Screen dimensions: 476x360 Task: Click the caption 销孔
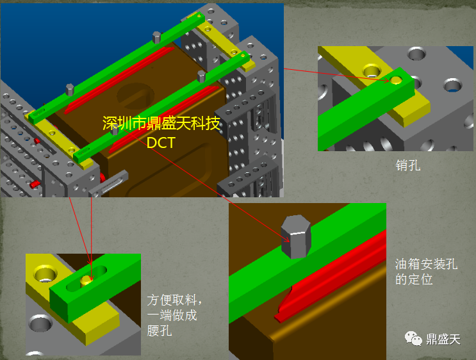point(408,166)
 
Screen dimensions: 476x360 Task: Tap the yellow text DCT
point(161,143)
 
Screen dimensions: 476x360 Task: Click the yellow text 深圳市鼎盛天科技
point(161,123)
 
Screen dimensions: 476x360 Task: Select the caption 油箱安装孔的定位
point(426,272)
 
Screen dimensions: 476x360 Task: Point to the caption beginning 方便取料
point(174,315)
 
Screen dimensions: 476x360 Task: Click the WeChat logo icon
point(413,338)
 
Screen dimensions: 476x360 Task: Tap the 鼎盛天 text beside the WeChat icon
point(443,339)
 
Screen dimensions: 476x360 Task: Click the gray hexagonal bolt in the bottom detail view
point(296,236)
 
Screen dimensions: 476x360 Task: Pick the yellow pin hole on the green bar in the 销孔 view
point(395,80)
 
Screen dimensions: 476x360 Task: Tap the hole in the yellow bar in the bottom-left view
point(45,273)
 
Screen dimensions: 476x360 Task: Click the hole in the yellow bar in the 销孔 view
point(372,70)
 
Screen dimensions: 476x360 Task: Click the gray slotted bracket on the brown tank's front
point(108,184)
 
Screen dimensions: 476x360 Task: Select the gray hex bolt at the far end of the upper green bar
point(157,37)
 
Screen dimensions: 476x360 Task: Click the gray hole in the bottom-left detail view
point(40,323)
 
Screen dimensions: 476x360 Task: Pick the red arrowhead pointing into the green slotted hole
point(90,262)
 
